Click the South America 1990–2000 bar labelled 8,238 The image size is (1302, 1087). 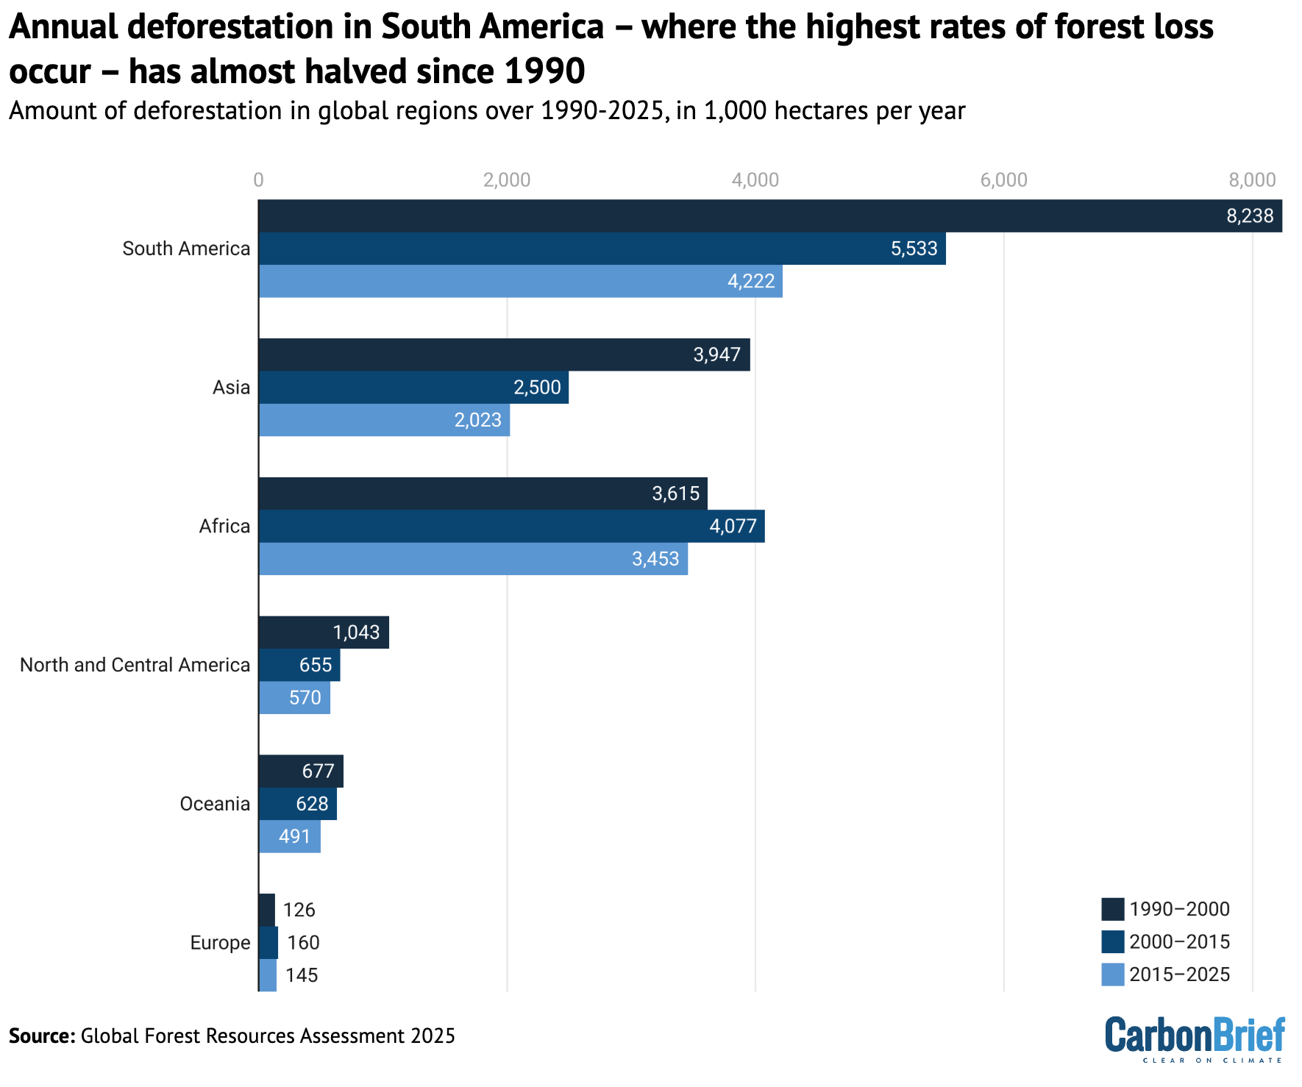pos(769,216)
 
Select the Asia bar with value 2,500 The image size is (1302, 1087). pos(413,388)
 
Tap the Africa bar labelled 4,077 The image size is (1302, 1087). pos(511,527)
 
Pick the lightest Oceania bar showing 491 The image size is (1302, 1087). pos(289,837)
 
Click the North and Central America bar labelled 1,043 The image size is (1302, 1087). pos(324,632)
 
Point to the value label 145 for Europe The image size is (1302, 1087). pos(302,975)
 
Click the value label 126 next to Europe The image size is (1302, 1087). pos(299,910)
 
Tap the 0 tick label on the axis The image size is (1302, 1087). pos(258,180)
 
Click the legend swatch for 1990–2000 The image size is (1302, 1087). pos(1112,909)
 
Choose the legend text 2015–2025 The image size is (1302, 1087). pos(1179,974)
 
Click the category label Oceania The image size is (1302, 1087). pos(215,804)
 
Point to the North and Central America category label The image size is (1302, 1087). pos(135,665)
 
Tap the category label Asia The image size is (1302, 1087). pos(231,388)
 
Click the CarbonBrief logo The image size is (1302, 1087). pos(1195,1038)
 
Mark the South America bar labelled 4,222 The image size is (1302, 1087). pos(520,282)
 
